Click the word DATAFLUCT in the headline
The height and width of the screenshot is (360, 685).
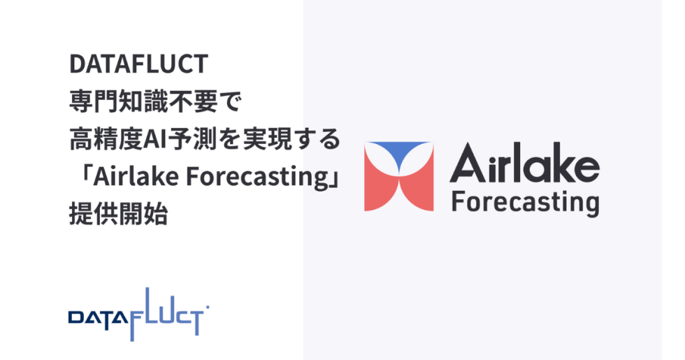tap(138, 65)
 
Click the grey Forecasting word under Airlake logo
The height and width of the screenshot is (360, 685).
tap(525, 202)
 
